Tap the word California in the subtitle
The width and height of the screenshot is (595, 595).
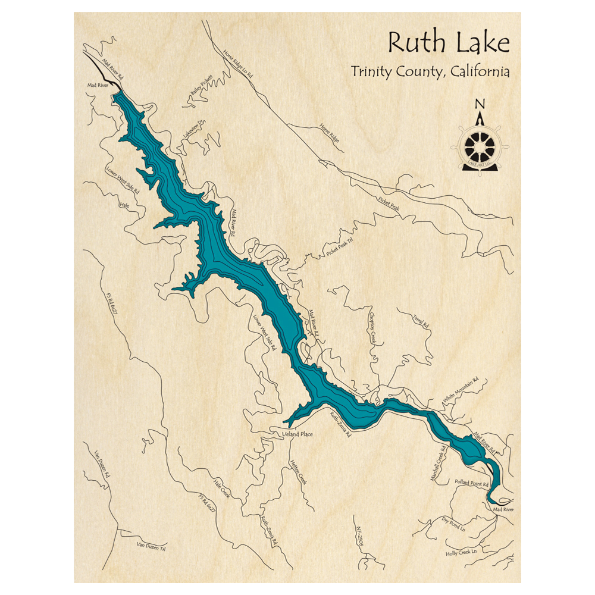[480, 72]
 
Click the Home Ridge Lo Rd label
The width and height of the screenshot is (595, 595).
[239, 64]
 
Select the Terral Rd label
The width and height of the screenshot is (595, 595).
[421, 322]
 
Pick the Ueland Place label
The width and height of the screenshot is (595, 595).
[297, 434]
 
